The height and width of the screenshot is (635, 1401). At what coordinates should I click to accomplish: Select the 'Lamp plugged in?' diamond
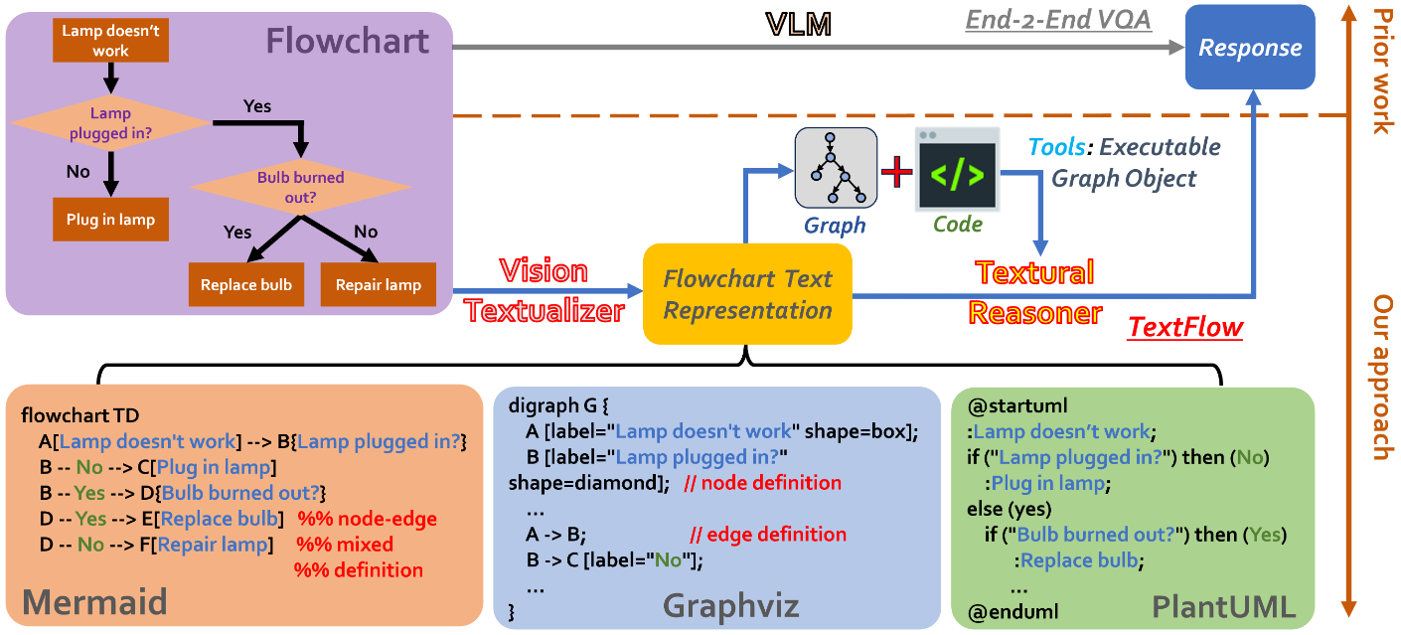(110, 122)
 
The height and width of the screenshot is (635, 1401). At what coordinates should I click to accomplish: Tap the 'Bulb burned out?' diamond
(300, 186)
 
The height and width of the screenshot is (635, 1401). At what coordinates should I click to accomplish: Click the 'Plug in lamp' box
(110, 220)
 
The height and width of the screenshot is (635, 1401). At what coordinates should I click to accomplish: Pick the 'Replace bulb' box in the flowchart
(246, 285)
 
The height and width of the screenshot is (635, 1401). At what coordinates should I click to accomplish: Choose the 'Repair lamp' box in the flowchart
(378, 285)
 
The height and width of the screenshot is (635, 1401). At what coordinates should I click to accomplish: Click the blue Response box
(1250, 47)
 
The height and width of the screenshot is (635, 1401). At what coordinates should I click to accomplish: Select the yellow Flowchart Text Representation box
(747, 294)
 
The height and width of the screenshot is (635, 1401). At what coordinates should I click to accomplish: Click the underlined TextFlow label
(1185, 327)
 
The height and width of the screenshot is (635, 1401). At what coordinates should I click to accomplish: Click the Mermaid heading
(93, 601)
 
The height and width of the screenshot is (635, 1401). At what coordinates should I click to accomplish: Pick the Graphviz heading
(731, 605)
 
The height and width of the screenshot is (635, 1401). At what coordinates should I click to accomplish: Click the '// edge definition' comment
(768, 535)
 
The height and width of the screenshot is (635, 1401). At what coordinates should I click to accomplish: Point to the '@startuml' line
(1007, 407)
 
